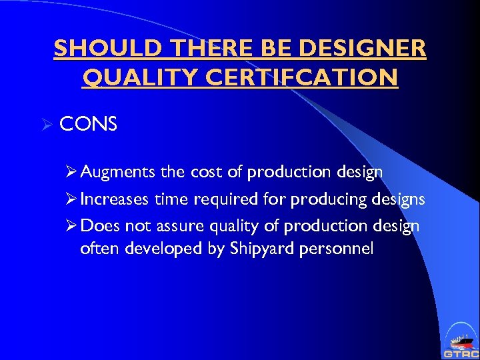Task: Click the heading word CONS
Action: pos(88,124)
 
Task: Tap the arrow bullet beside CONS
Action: pos(47,124)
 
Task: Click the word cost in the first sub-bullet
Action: pos(206,172)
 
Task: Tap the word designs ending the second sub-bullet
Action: pos(398,199)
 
